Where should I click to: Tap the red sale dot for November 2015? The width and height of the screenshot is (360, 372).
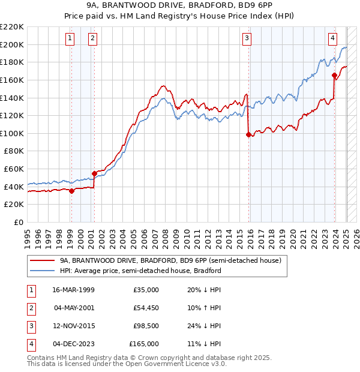(x=248, y=135)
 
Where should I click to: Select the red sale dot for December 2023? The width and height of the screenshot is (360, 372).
(x=334, y=75)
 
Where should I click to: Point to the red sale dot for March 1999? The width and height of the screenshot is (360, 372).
(x=71, y=191)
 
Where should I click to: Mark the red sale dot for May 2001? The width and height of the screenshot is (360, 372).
(x=94, y=174)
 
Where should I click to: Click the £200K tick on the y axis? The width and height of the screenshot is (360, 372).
(x=13, y=44)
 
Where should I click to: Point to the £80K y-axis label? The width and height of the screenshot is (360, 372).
(x=14, y=151)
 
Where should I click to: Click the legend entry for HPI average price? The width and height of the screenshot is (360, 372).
(x=140, y=271)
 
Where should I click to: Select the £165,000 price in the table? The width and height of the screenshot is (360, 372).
(x=145, y=344)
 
